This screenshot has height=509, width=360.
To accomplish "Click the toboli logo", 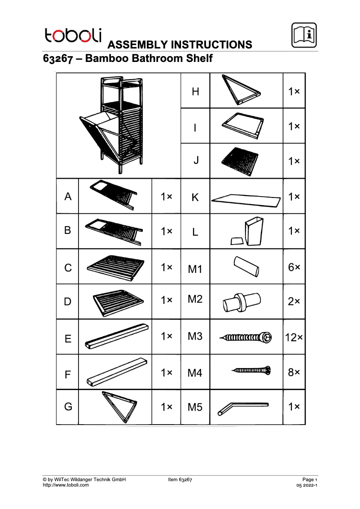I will pyautogui.click(x=73, y=35).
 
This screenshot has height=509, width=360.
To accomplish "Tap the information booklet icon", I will pyautogui.click(x=304, y=35).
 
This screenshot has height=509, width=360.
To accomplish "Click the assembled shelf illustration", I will pyautogui.click(x=114, y=125).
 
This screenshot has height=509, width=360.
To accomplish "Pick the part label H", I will pyautogui.click(x=195, y=92).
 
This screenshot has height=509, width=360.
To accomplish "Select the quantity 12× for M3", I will pyautogui.click(x=294, y=337).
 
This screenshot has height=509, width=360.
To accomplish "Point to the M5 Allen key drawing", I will pyautogui.click(x=242, y=408).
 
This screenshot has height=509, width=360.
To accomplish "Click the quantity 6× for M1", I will pyautogui.click(x=294, y=267).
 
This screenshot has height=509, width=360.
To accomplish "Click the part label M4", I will pyautogui.click(x=195, y=373).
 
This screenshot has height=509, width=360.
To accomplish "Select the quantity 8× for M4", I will pyautogui.click(x=294, y=372).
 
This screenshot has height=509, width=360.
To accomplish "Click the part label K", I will pyautogui.click(x=195, y=197).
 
